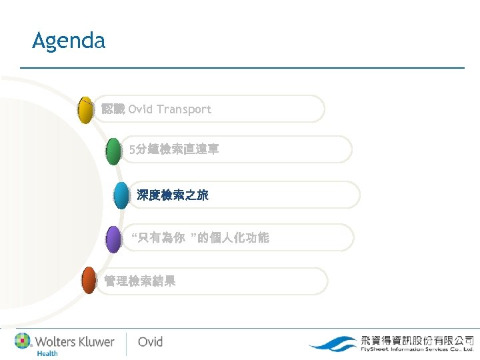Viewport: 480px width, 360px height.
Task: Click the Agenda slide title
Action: click(69, 41)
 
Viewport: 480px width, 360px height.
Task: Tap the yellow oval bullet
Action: click(85, 110)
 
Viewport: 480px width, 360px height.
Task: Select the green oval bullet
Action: click(113, 151)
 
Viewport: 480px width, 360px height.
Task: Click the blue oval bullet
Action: click(121, 196)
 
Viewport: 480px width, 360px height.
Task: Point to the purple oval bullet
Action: click(113, 239)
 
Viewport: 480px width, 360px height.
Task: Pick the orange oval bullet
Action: click(89, 281)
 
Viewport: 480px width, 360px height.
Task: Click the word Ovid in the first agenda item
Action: click(141, 109)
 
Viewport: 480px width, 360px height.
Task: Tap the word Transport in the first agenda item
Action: click(184, 109)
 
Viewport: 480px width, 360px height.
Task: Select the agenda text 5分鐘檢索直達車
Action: click(174, 151)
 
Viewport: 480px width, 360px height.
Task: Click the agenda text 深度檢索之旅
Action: click(173, 195)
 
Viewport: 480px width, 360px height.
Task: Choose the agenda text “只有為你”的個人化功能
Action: click(200, 238)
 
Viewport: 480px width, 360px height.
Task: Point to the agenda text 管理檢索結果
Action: click(140, 281)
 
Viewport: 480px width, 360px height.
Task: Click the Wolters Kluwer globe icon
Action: click(23, 341)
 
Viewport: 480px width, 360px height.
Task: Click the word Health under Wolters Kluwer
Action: click(47, 353)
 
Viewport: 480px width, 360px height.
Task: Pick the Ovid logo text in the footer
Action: click(150, 342)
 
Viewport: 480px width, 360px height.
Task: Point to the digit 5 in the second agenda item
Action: click(133, 151)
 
